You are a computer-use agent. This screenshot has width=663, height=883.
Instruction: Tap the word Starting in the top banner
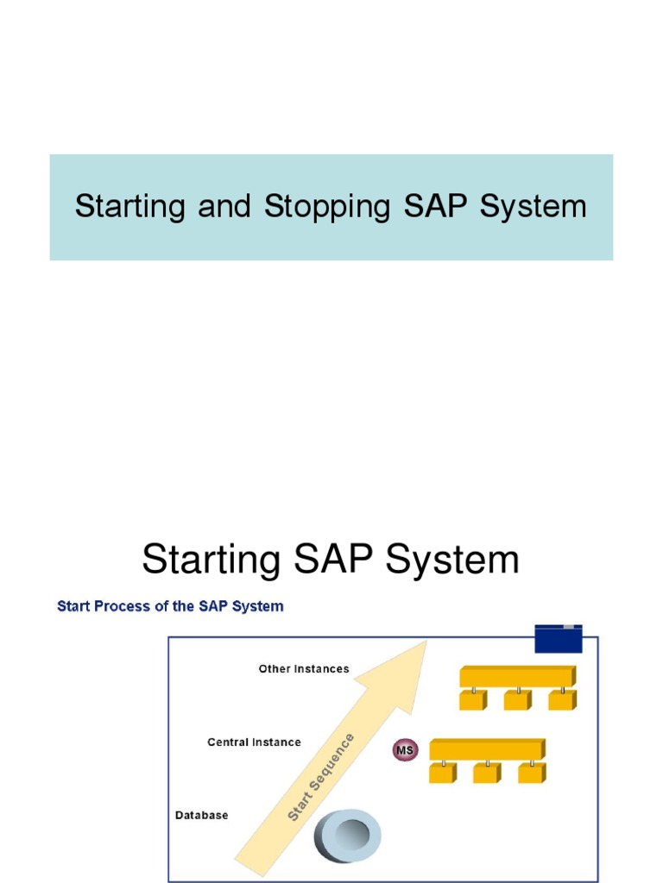[129, 207]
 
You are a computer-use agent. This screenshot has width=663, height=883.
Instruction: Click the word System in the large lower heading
[452, 560]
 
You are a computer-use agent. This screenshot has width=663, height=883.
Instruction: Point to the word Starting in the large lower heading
[211, 560]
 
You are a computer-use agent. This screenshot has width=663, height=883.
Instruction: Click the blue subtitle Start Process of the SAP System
[170, 606]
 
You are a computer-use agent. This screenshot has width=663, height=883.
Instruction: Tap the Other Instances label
[304, 668]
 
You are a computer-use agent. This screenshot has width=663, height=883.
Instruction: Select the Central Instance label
[254, 742]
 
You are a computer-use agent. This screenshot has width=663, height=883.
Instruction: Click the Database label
[202, 815]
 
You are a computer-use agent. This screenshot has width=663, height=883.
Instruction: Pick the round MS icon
[405, 749]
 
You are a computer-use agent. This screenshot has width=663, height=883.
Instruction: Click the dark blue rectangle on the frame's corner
[559, 639]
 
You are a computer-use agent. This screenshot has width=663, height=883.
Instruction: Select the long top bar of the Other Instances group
[517, 676]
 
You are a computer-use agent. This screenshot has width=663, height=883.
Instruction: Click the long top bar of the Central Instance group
[487, 749]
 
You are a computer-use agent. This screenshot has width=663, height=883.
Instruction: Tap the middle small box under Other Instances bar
[517, 699]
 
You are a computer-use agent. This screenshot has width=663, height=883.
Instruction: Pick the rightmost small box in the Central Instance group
[532, 773]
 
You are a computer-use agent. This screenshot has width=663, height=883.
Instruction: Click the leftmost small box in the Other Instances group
[472, 699]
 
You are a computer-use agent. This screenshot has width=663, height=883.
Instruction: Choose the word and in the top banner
[224, 207]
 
